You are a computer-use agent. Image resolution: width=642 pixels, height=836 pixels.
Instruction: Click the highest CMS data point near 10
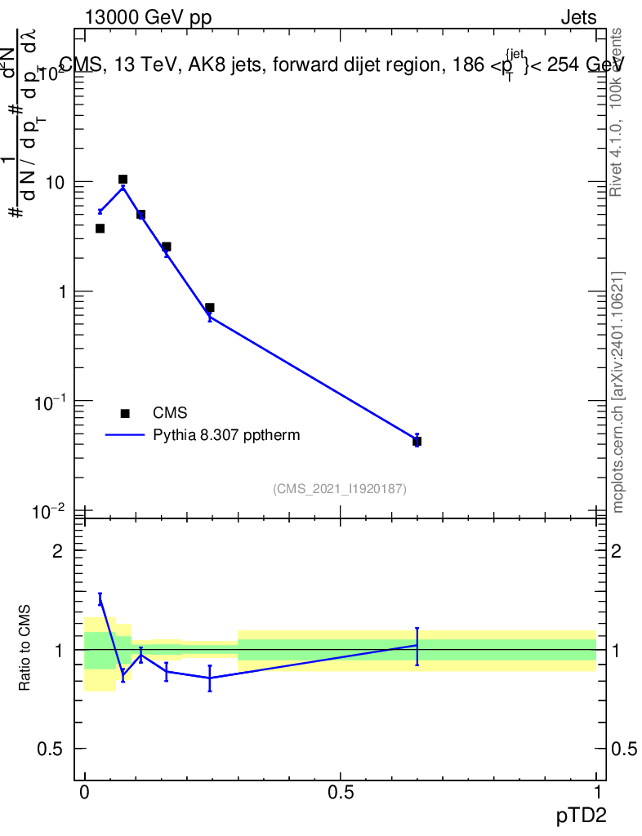point(123,179)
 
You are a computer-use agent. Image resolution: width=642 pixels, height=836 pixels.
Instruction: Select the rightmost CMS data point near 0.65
point(417,442)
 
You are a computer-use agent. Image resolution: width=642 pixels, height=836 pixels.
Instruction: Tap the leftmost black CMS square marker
point(100,229)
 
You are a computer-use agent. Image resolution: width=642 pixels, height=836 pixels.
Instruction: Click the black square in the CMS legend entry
point(125,413)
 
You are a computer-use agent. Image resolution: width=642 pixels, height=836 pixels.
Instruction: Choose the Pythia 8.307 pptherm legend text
point(226,435)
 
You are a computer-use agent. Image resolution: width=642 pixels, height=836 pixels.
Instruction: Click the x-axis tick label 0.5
point(341,793)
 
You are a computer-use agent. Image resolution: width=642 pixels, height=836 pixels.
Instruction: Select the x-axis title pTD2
point(582,816)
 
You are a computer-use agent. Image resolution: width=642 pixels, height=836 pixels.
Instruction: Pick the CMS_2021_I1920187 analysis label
point(340,488)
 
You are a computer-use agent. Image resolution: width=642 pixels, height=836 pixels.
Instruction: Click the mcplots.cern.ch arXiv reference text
point(618,392)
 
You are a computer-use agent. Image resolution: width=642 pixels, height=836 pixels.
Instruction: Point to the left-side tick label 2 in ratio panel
point(57,551)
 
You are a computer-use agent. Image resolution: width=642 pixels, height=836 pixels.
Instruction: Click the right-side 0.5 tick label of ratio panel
point(625,749)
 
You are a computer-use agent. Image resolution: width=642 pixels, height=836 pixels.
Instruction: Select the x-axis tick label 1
point(596,793)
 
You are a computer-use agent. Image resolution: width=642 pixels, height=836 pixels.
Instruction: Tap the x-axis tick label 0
point(84,793)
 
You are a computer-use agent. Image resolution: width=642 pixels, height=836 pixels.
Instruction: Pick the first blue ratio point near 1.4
point(100,600)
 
